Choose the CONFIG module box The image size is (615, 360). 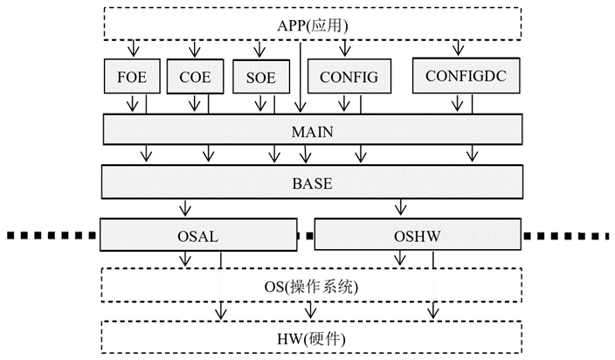pyautogui.click(x=348, y=77)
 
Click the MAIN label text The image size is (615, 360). pyautogui.click(x=313, y=131)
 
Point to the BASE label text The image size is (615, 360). pyautogui.click(x=313, y=184)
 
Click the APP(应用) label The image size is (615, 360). pyautogui.click(x=313, y=24)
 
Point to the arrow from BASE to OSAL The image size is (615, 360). pyautogui.click(x=184, y=209)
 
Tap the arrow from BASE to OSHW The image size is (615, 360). pyautogui.click(x=401, y=209)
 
